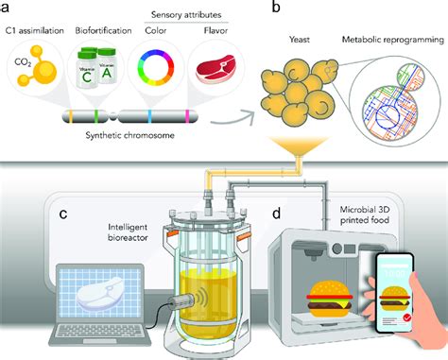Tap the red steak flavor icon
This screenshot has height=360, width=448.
tap(215, 77)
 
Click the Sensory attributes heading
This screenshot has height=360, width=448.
tap(188, 14)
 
